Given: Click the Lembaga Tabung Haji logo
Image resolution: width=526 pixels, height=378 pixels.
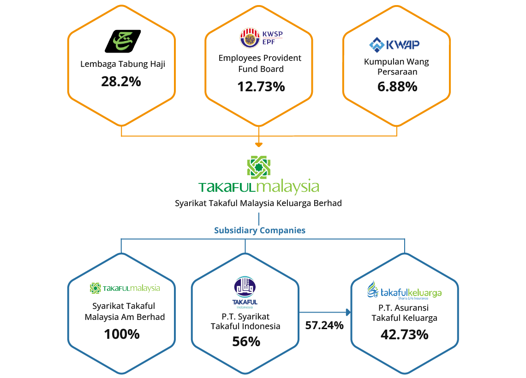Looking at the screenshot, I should click(122, 41).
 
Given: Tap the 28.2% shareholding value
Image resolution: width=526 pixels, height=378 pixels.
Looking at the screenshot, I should click(121, 82).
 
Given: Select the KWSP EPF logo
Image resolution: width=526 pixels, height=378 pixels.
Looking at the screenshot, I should click(261, 38).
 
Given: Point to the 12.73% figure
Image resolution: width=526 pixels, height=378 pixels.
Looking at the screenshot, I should click(261, 86).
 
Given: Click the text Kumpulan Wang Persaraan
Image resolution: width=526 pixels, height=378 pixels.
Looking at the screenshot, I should click(396, 67).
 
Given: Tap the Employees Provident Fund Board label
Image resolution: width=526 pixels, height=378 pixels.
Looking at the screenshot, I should click(260, 64).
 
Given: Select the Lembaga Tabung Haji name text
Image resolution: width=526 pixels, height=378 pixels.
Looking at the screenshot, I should click(122, 64).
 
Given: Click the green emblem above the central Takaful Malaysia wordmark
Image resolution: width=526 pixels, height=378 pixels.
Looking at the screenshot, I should click(259, 167).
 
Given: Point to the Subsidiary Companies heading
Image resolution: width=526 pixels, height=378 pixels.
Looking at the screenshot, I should click(260, 230).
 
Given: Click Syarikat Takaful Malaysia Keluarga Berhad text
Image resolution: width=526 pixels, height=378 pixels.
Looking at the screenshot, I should click(258, 203).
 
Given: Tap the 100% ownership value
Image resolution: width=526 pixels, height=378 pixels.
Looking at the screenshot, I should click(122, 334).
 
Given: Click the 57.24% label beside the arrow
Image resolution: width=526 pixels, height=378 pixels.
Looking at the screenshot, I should click(324, 325).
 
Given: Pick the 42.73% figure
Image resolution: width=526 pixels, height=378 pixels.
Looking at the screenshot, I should click(404, 334).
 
